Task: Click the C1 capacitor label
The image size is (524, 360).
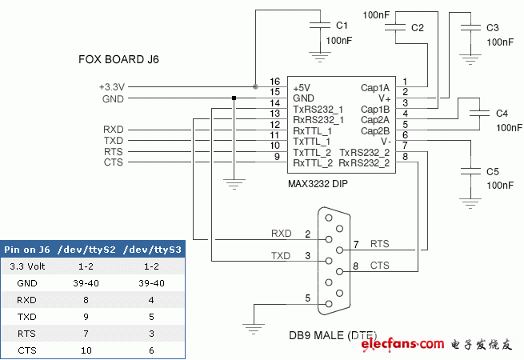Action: (x=342, y=25)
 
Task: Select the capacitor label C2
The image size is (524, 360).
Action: (x=417, y=28)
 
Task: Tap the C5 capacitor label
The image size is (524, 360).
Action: (x=493, y=171)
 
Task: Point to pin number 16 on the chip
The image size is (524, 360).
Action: (x=274, y=82)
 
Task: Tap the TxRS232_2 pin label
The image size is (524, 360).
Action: (x=364, y=152)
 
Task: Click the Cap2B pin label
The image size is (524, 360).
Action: (x=375, y=130)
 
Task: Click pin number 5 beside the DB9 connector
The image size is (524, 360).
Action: (x=307, y=298)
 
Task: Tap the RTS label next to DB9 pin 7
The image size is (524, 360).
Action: (x=379, y=243)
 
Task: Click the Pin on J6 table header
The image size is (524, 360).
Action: (x=27, y=250)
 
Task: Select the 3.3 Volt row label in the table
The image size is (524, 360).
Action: (x=27, y=266)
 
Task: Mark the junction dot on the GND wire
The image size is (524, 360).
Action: (x=234, y=98)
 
